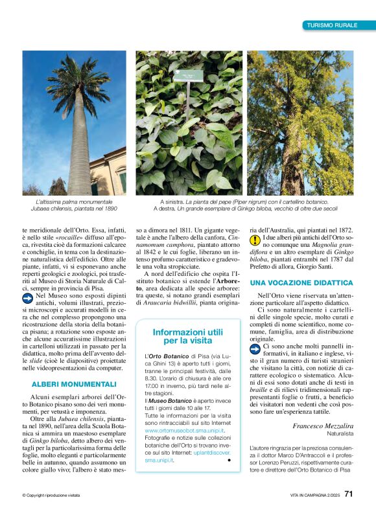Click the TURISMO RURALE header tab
(x=332, y=25)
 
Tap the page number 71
(x=348, y=494)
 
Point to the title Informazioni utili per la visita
(x=183, y=336)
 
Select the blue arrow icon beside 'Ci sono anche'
(x=255, y=348)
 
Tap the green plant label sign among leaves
(x=193, y=76)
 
